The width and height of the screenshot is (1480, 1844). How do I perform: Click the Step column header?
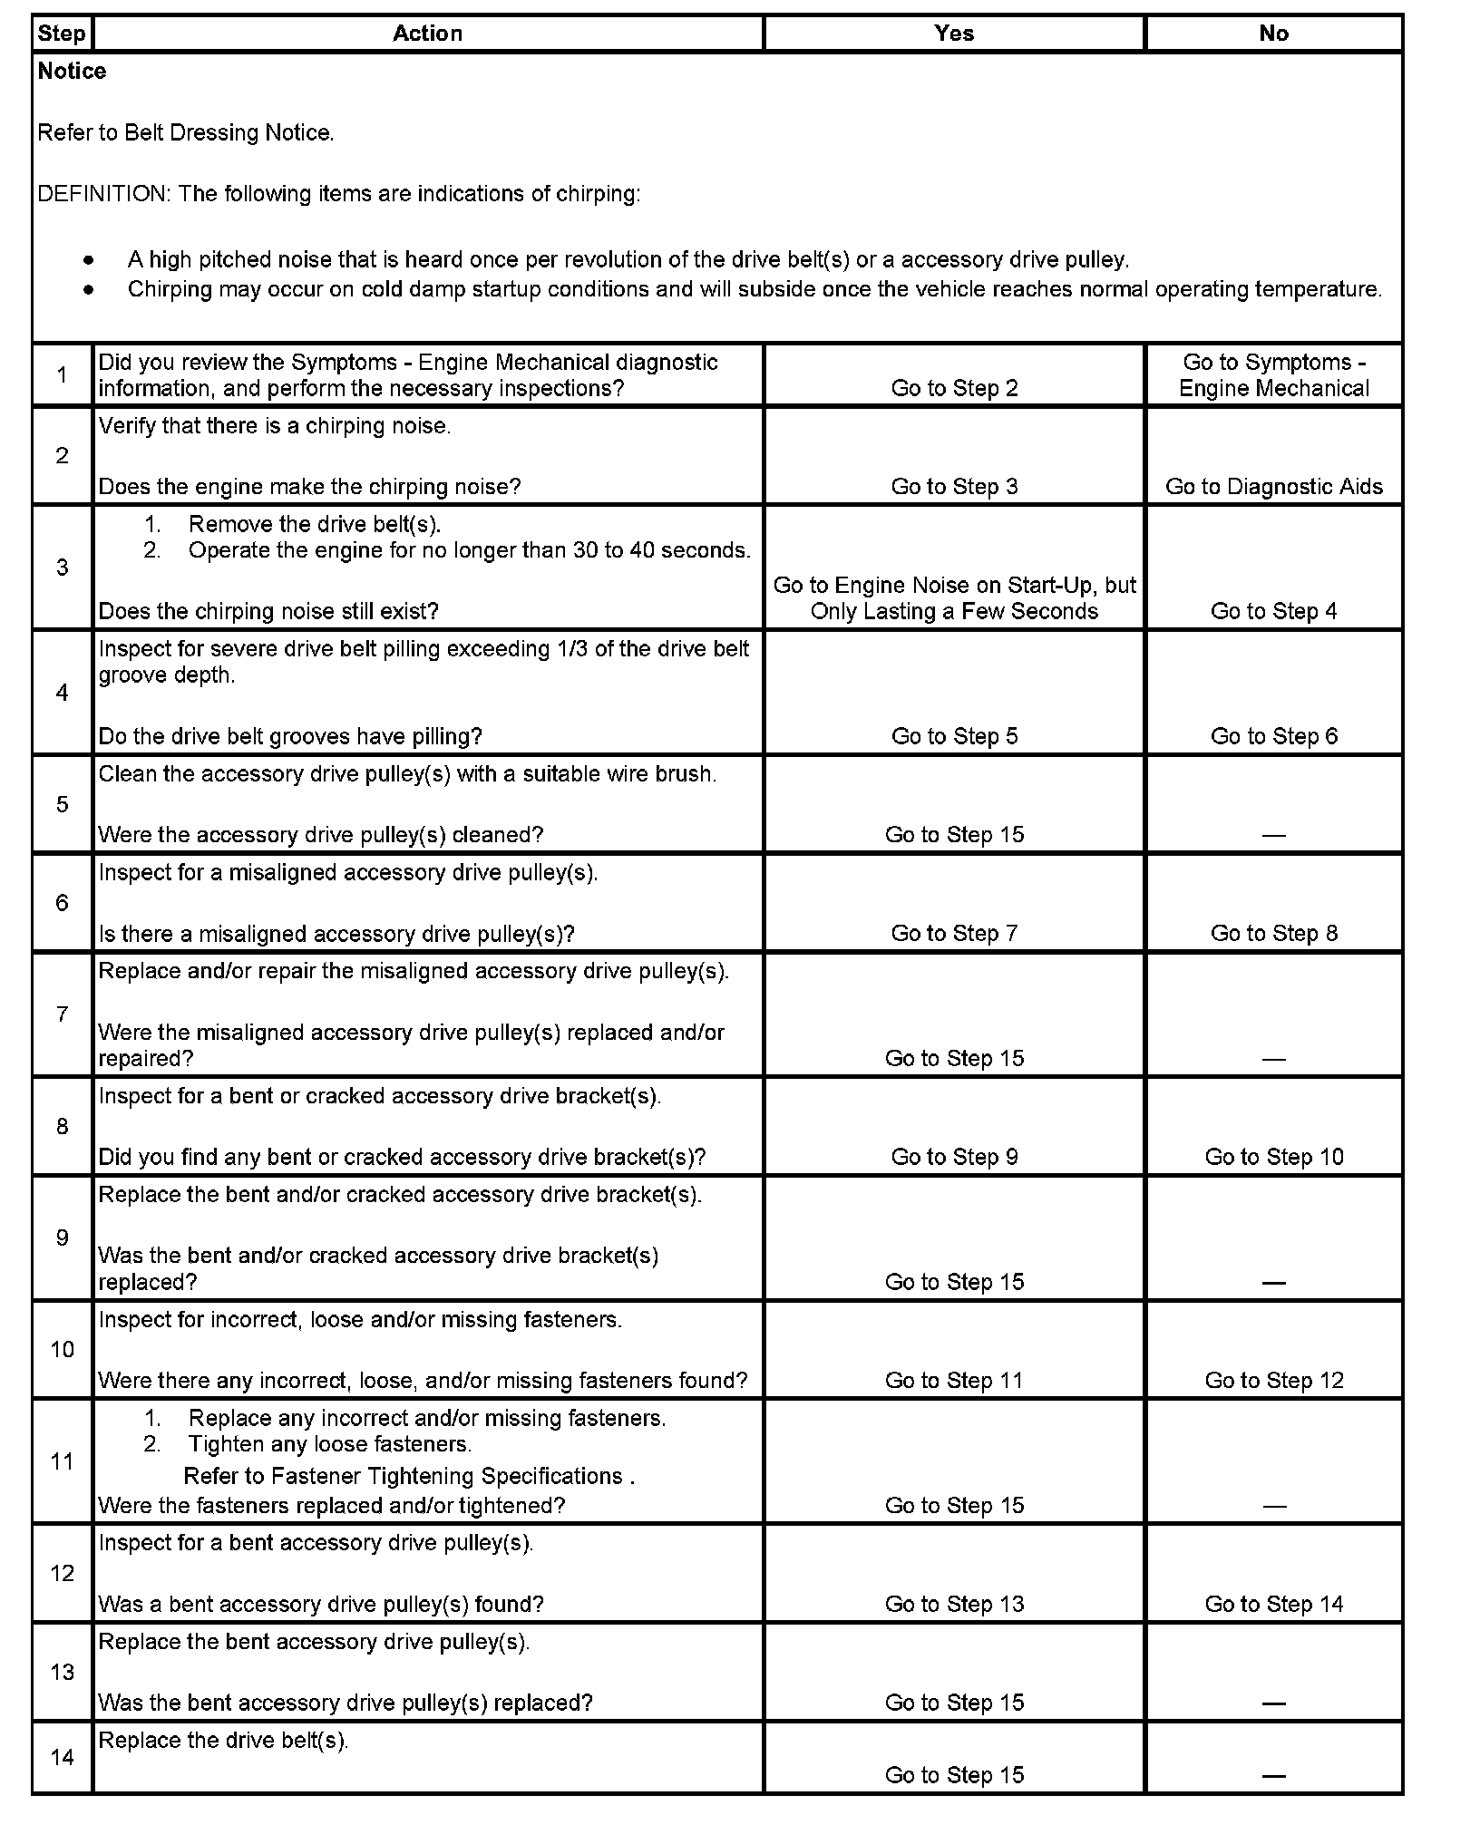click(62, 34)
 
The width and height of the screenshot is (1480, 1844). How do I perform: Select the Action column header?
click(427, 34)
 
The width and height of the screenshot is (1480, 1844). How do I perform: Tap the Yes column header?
click(954, 34)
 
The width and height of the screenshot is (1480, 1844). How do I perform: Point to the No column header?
click(1273, 34)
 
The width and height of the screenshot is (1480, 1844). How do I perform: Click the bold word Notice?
click(72, 72)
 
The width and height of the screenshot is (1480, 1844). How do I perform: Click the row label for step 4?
click(62, 693)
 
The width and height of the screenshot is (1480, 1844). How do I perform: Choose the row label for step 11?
click(62, 1461)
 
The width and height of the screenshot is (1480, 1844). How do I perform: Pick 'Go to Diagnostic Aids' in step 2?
click(1273, 487)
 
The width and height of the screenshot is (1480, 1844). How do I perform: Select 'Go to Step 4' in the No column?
click(1273, 611)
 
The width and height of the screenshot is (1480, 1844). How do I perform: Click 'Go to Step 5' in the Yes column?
click(954, 736)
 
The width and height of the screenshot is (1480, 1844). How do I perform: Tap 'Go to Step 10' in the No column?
click(1273, 1157)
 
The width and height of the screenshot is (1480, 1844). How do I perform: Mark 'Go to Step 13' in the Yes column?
click(954, 1604)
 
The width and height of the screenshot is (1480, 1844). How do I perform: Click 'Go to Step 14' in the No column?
click(1273, 1604)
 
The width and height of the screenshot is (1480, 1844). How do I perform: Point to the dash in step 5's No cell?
click(1273, 835)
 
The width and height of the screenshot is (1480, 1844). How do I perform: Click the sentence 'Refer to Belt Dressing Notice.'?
click(186, 133)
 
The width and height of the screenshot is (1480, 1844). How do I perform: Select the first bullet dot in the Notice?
click(88, 260)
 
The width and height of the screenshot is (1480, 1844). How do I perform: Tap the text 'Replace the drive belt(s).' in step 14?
click(223, 1740)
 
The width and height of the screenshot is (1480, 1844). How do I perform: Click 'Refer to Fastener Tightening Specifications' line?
click(408, 1476)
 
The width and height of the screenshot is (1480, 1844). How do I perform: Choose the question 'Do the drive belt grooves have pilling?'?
click(290, 736)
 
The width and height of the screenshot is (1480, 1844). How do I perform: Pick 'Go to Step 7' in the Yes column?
click(954, 933)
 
